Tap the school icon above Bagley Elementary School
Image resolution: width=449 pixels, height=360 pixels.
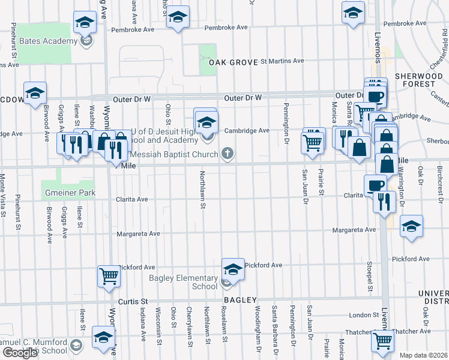click(233, 268)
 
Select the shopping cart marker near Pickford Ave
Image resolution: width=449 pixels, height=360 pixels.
click(109, 277)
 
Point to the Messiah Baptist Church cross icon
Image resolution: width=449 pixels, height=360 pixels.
click(227, 154)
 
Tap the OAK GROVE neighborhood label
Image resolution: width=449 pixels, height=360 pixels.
click(232, 62)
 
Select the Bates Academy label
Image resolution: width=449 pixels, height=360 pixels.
click(49, 41)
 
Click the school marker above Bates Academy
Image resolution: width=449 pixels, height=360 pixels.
click(85, 22)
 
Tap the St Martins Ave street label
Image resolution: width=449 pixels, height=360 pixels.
click(282, 61)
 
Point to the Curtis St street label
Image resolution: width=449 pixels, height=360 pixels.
click(133, 301)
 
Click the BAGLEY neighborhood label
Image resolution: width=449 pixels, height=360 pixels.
click(241, 300)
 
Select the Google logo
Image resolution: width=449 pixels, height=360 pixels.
click(19, 353)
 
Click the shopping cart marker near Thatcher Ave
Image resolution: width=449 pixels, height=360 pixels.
click(382, 340)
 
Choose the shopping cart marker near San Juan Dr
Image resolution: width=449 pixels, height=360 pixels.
click(313, 142)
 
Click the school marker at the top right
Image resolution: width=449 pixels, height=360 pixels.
click(353, 11)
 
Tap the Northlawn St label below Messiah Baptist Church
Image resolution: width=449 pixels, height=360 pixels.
click(203, 192)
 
